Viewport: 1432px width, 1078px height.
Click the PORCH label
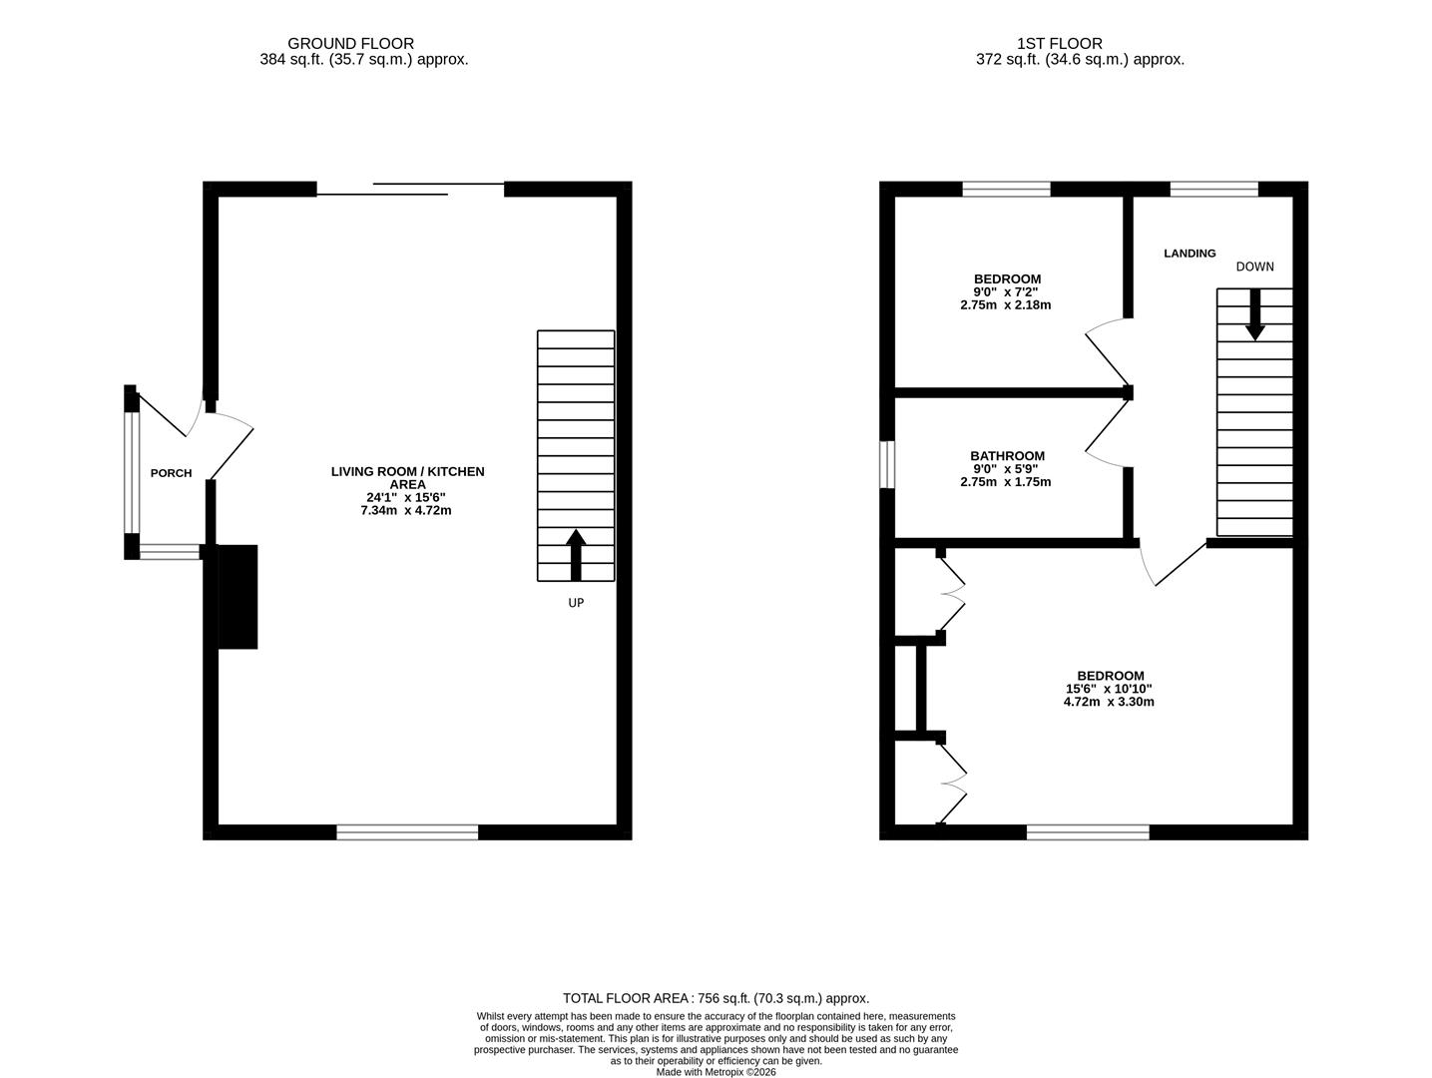click(x=171, y=473)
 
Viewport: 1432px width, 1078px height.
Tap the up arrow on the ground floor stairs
click(x=576, y=554)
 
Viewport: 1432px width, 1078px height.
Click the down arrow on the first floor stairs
click(x=1254, y=314)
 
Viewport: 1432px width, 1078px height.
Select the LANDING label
click(x=1190, y=254)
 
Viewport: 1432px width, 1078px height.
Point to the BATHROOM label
click(x=1007, y=456)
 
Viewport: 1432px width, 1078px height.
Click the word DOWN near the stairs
click(x=1254, y=267)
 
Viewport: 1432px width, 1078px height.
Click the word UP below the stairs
click(x=576, y=603)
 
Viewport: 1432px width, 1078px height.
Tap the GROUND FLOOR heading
click(x=350, y=44)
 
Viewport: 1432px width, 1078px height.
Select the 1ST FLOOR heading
click(x=1059, y=44)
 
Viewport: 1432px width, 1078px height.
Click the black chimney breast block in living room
click(x=237, y=597)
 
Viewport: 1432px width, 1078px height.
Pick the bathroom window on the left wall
click(x=886, y=465)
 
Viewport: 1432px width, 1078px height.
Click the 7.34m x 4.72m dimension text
click(x=406, y=511)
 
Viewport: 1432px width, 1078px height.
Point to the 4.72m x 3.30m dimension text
click(x=1109, y=702)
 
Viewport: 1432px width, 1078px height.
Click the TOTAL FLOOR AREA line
click(x=716, y=998)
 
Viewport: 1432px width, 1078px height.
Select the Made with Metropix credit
click(x=716, y=1072)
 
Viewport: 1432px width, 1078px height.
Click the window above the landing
click(x=1213, y=189)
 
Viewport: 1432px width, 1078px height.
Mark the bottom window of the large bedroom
click(x=1088, y=832)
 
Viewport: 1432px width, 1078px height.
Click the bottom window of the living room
click(x=407, y=832)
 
